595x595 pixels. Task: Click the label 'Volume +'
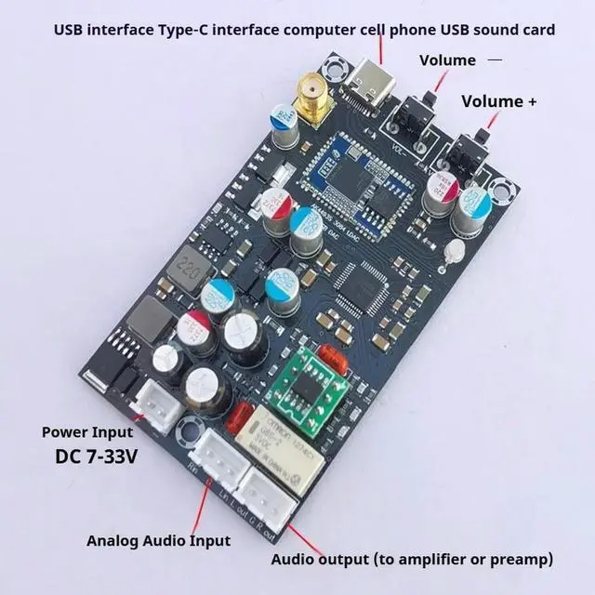point(498,100)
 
